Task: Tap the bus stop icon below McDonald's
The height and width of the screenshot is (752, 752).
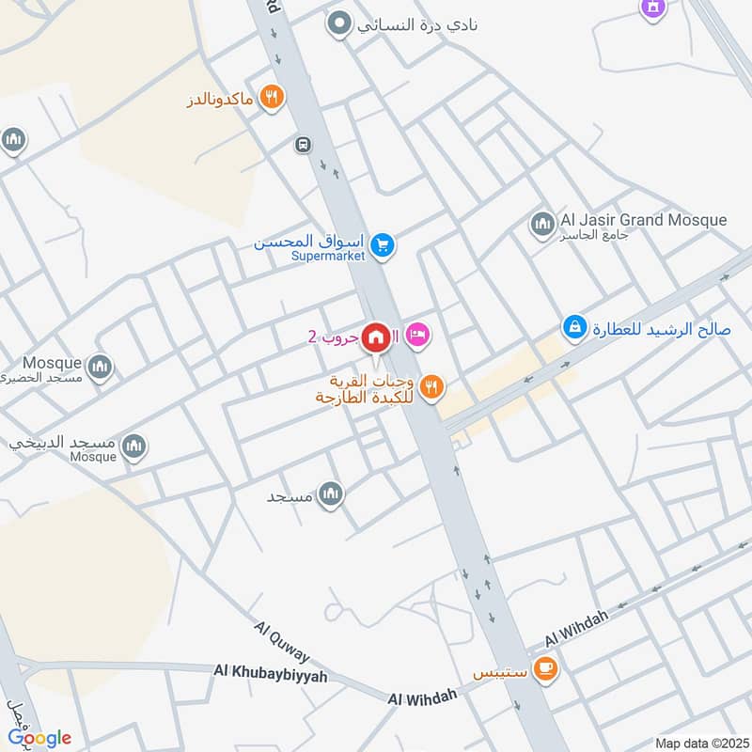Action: click(303, 145)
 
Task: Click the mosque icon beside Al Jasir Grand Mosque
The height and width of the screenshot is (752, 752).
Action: click(541, 225)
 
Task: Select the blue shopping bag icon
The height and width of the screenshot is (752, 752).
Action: click(573, 328)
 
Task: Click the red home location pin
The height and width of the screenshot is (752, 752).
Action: click(377, 337)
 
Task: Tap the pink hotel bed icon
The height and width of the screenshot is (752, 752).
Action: click(418, 335)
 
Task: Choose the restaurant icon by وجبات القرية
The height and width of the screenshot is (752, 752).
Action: click(431, 386)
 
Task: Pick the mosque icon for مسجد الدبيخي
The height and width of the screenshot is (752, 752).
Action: click(134, 446)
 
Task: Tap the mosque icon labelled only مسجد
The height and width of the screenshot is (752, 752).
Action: click(330, 493)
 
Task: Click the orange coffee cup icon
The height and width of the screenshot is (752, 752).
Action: click(544, 669)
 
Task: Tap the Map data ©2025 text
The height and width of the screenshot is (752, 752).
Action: click(700, 743)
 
